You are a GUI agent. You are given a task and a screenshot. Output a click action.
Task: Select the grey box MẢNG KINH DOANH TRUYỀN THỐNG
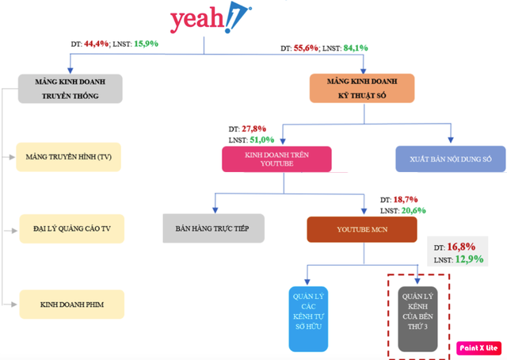pos(71,88)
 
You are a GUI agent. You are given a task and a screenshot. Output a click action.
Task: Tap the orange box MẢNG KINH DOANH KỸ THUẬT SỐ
pos(360,88)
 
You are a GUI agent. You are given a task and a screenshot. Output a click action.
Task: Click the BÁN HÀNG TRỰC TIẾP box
pos(212,228)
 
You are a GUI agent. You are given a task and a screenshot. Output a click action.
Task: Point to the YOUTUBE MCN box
pos(362,228)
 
